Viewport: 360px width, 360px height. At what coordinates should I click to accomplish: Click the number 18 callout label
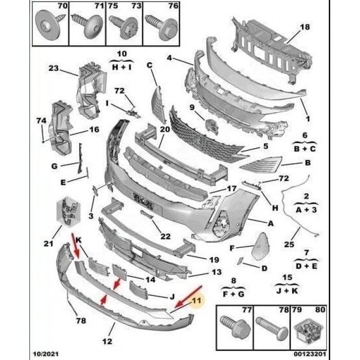click(304, 27)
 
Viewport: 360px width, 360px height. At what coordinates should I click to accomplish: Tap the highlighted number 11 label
click(197, 300)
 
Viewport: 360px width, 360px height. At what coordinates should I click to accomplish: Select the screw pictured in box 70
click(50, 25)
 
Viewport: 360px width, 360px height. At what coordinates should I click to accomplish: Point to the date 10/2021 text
click(46, 354)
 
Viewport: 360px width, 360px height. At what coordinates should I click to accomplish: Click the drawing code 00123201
click(310, 354)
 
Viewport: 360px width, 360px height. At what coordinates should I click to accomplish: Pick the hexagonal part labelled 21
click(68, 211)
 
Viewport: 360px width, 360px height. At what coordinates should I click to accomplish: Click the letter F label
click(232, 248)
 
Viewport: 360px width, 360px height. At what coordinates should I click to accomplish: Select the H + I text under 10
click(122, 67)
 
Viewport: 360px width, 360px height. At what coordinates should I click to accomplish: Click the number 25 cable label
click(289, 244)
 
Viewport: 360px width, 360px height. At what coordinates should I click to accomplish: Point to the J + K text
click(287, 291)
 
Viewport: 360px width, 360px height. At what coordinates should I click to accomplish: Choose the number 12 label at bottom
click(107, 341)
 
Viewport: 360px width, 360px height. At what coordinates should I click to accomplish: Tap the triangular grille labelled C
click(158, 104)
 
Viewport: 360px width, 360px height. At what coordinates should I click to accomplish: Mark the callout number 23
click(53, 68)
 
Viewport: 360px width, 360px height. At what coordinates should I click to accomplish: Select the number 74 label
click(41, 120)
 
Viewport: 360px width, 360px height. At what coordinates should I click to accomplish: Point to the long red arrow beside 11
click(188, 297)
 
